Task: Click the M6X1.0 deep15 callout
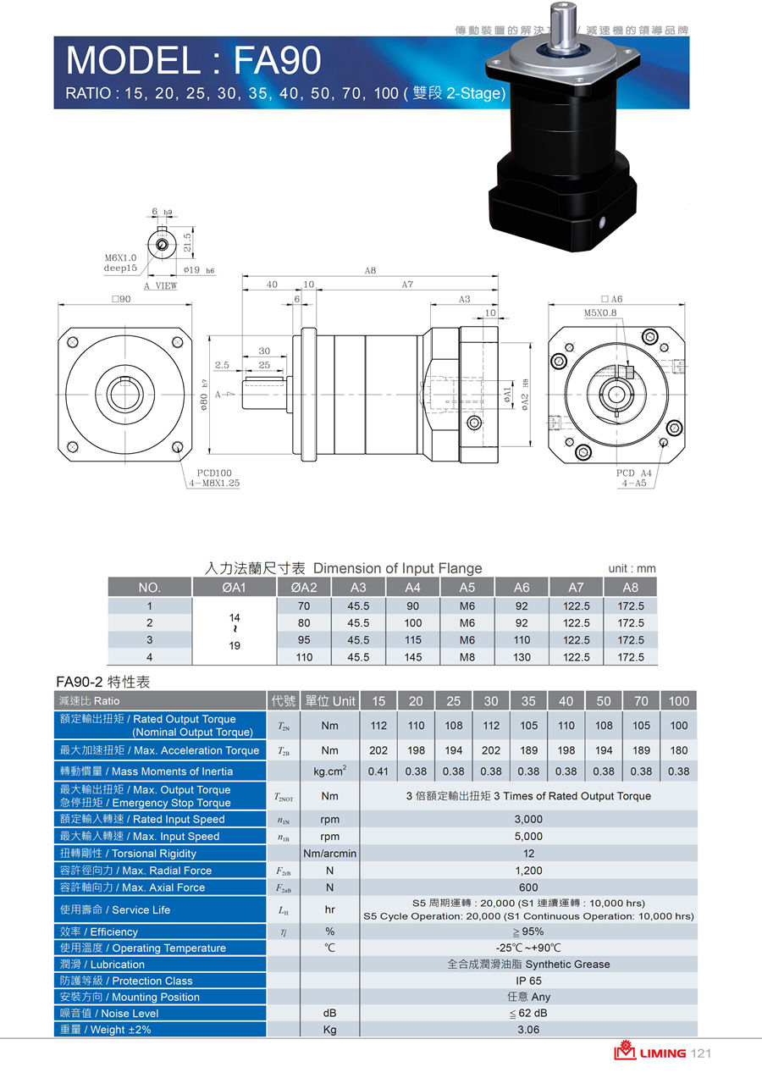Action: (x=121, y=263)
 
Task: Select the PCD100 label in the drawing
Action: (x=214, y=473)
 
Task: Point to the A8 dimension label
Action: (x=370, y=271)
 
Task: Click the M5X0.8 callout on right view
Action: (x=600, y=312)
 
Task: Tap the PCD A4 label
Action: (x=634, y=473)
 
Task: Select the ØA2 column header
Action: (x=304, y=588)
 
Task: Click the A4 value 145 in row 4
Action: (x=413, y=657)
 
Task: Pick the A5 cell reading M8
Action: (x=467, y=657)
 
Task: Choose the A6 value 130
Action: (x=522, y=657)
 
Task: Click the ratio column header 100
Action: (x=679, y=701)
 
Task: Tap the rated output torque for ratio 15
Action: (x=378, y=726)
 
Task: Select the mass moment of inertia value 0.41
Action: (x=378, y=771)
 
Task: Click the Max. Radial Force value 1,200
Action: (x=528, y=871)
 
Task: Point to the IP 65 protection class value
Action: (x=528, y=981)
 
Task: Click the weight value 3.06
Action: (x=528, y=1030)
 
